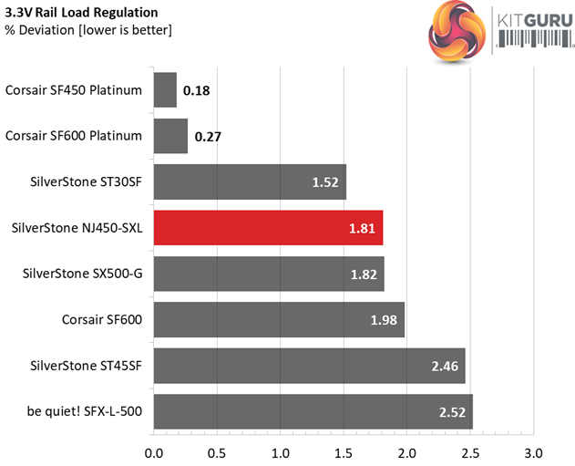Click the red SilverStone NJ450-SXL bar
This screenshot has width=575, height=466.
click(x=268, y=228)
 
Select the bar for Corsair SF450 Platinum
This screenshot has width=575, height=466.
click(x=165, y=90)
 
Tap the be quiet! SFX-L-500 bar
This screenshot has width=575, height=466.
click(x=313, y=411)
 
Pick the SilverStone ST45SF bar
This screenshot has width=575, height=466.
click(x=309, y=366)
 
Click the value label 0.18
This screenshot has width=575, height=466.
click(x=196, y=91)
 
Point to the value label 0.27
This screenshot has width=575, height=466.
click(x=208, y=137)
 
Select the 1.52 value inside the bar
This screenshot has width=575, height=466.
click(x=325, y=182)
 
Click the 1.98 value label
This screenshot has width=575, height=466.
click(x=384, y=320)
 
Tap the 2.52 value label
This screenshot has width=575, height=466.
click(x=452, y=412)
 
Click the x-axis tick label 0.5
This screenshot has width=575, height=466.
click(x=217, y=452)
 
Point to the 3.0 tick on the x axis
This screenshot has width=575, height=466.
click(x=533, y=452)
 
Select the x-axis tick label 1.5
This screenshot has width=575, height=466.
click(x=344, y=452)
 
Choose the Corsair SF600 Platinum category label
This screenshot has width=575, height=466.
click(x=74, y=136)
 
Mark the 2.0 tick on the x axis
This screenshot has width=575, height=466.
click(x=406, y=452)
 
